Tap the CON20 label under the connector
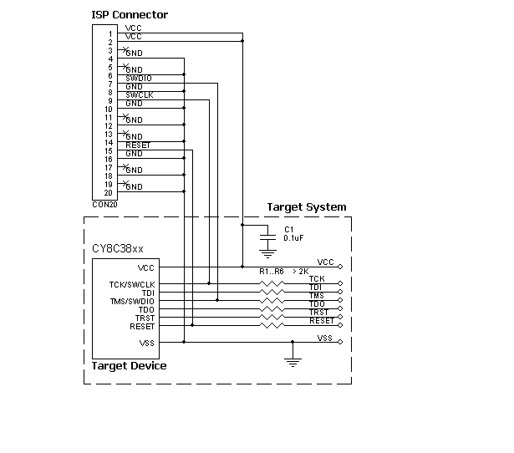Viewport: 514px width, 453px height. [x=104, y=204]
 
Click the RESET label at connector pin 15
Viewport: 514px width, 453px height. [x=137, y=145]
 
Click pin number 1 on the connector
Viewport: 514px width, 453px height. [x=109, y=34]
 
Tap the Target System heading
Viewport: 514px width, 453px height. [x=306, y=207]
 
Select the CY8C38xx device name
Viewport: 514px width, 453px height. [x=118, y=249]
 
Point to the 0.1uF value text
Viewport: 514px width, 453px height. [x=293, y=238]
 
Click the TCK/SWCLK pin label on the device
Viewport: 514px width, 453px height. [x=132, y=285]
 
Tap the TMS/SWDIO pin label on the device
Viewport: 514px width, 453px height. [x=132, y=302]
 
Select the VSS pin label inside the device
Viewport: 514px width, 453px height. [x=146, y=343]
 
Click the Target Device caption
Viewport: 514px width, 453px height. [x=129, y=365]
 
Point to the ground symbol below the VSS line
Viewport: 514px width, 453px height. [x=293, y=360]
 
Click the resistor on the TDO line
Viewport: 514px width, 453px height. [x=271, y=309]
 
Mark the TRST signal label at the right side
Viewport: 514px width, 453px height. [x=317, y=312]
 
